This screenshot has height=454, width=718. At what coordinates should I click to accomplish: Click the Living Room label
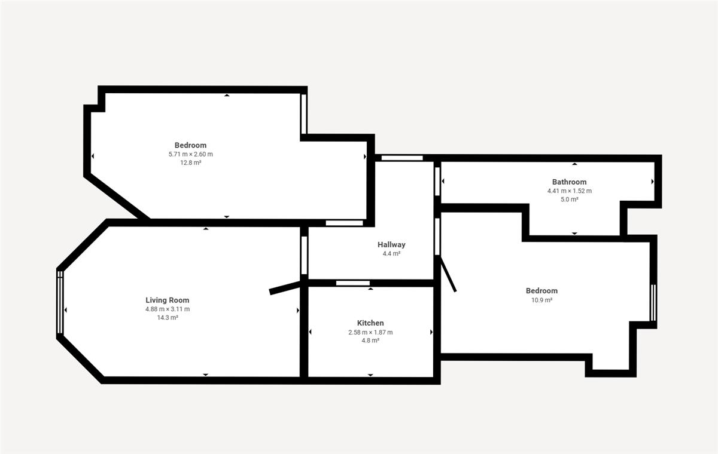coord(168,300)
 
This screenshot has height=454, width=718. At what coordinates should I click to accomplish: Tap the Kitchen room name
coord(370,323)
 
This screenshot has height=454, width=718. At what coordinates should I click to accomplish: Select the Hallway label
coord(391,245)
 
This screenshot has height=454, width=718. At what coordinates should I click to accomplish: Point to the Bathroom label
coord(569,182)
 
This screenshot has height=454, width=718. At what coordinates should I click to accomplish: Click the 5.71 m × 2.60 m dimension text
coord(191,154)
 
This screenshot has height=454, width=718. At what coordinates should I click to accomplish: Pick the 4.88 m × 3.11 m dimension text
coord(168,309)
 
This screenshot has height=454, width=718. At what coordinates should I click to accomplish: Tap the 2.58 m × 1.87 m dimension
coord(370,332)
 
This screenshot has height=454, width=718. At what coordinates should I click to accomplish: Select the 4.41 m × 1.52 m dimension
coord(569,191)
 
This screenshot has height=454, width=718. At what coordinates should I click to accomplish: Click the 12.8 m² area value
coord(191,162)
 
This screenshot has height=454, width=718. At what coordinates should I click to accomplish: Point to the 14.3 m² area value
coord(168,318)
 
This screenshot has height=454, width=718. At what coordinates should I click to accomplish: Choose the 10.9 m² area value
coord(541,300)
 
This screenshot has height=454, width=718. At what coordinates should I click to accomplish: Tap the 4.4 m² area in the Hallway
coord(391,254)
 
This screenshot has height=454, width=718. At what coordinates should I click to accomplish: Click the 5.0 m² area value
coord(569,200)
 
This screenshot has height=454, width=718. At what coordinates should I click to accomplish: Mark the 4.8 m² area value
coord(370,340)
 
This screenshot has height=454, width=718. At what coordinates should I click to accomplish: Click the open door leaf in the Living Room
coord(285,287)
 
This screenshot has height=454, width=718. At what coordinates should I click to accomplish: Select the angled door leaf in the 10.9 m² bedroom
coord(448,274)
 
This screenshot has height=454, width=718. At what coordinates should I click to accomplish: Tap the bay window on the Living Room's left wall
coord(60,303)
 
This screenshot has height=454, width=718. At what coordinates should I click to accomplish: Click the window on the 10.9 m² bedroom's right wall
coord(653,303)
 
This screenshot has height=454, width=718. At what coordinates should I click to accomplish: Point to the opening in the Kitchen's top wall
coord(352,283)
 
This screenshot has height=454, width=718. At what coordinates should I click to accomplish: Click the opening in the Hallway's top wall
coord(402,158)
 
